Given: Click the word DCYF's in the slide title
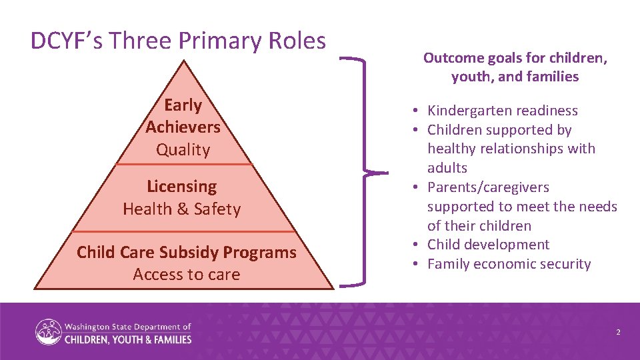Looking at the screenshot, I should coord(67,41).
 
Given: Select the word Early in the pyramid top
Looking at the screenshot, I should coord(183,105).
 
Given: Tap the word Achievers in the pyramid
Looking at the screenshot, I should coord(183,127).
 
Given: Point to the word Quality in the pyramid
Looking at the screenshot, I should coord(183,149).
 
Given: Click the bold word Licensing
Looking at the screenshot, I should coord(181,187).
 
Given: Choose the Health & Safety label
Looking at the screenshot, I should coord(181,209).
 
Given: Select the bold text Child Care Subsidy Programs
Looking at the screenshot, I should coord(186,253).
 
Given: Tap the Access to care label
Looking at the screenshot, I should coord(186,274).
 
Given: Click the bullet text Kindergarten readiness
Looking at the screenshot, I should coord(502,111).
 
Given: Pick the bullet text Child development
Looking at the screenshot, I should coord(488,245).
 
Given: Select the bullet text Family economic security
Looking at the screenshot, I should coord(509,264).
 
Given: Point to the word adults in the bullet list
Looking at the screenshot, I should coord(447,168).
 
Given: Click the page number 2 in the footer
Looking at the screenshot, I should coord(618,331).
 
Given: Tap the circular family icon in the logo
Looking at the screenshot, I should coord(49,333).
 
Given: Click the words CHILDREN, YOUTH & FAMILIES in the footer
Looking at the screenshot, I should coord(127,339).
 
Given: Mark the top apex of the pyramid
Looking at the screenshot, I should coord(183,61).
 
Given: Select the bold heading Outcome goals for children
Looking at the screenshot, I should coord(515,58).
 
